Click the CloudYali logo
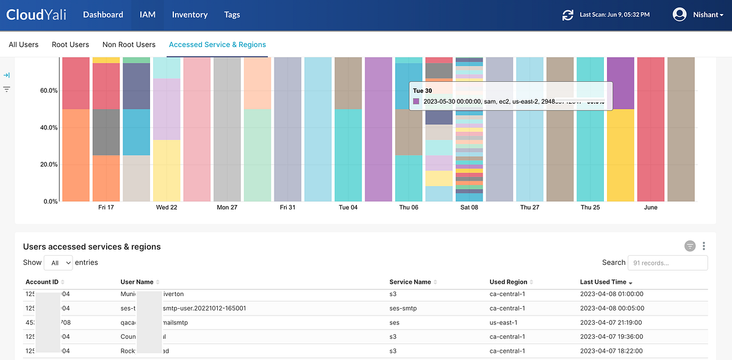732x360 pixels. [37, 15]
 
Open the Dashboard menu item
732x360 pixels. [103, 15]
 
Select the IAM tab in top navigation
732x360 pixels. [148, 15]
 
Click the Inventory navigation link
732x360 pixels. [190, 15]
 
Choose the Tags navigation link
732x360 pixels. [232, 15]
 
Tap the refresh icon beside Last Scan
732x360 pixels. [568, 15]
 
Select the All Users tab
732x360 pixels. [23, 45]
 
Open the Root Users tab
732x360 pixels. [70, 45]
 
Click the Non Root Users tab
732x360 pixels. [129, 45]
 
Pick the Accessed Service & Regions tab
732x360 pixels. [217, 45]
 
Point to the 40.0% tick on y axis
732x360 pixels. [48, 128]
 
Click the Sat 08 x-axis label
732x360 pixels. [469, 207]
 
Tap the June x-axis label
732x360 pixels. [651, 207]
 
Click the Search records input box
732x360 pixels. [667, 263]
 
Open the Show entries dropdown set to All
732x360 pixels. [59, 263]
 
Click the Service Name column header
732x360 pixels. [410, 282]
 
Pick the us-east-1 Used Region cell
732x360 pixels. [504, 322]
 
